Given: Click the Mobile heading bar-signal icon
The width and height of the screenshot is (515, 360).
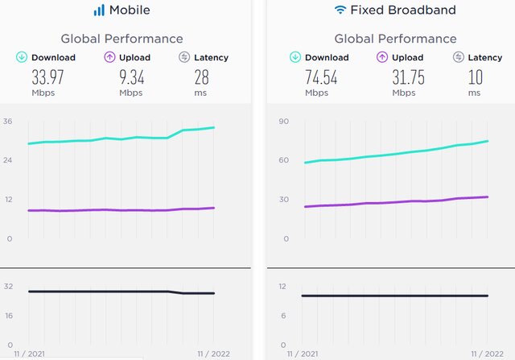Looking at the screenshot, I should (99, 10).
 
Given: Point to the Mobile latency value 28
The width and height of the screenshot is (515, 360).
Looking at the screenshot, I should (201, 78).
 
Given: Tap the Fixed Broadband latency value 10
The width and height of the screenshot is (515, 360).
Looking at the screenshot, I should (475, 78).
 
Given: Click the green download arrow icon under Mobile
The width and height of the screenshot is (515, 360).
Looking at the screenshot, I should (23, 57).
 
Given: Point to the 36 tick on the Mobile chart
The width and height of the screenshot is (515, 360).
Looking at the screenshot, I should (8, 122).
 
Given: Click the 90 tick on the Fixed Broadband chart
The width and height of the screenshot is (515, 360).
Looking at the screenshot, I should (283, 122).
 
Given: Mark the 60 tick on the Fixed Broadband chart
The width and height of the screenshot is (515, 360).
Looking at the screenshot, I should (283, 160).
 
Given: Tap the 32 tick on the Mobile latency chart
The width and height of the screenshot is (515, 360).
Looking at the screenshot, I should (8, 286).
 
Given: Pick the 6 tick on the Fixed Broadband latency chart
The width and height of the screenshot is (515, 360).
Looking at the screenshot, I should (283, 315).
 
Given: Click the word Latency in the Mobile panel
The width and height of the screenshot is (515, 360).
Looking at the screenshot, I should (211, 57).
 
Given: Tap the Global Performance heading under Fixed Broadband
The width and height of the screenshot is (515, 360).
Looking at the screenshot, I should (395, 39).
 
